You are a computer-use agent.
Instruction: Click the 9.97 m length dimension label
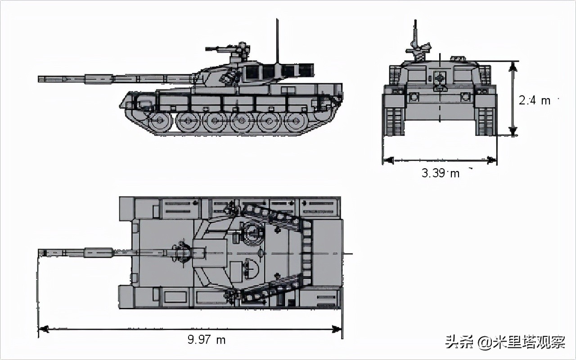tap(207, 340)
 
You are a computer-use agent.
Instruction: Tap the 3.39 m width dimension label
tap(440, 173)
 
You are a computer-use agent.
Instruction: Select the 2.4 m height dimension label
tap(534, 101)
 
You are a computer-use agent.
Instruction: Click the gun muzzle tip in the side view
tap(40, 79)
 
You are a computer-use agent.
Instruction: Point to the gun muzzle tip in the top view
tap(40, 253)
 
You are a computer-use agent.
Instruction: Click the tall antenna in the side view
tap(277, 40)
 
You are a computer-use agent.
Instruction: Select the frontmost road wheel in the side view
tap(160, 121)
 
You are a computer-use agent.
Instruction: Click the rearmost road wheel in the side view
tap(296, 121)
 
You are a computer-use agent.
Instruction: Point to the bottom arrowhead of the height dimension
tap(512, 131)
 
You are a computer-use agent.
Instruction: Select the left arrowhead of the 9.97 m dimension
tap(44, 329)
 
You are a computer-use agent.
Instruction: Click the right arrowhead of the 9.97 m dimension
tap(337, 329)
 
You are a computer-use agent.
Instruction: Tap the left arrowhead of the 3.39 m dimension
tap(388, 160)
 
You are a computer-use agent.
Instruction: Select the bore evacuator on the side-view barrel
tap(98, 79)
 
